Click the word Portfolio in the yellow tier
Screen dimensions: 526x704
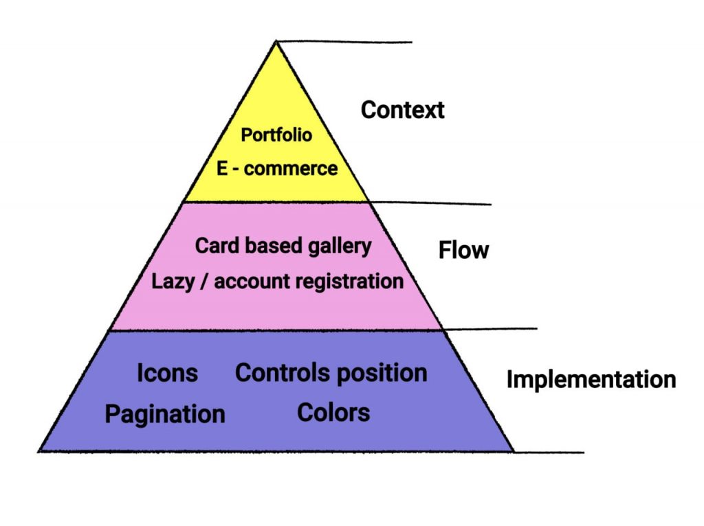pyautogui.click(x=276, y=135)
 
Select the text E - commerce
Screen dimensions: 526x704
pyautogui.click(x=277, y=168)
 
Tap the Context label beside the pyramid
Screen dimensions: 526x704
pyautogui.click(x=403, y=110)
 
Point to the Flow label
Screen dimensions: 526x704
pyautogui.click(x=463, y=251)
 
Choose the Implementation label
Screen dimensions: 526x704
pyautogui.click(x=591, y=379)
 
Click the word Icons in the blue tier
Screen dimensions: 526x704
pyautogui.click(x=167, y=373)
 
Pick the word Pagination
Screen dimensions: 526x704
pyautogui.click(x=165, y=414)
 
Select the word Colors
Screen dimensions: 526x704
pyautogui.click(x=333, y=412)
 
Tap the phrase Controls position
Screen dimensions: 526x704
pyautogui.click(x=331, y=373)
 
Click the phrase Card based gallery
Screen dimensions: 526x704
pyautogui.click(x=283, y=245)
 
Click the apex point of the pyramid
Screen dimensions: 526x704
pyautogui.click(x=276, y=42)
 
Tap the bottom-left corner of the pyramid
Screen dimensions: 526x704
pyautogui.click(x=40, y=450)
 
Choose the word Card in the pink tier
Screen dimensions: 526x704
pyautogui.click(x=212, y=245)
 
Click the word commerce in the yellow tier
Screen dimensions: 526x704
pyautogui.click(x=290, y=168)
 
